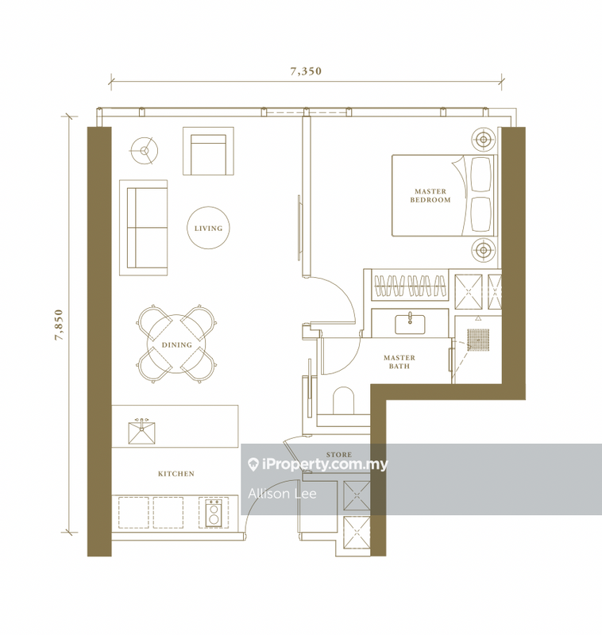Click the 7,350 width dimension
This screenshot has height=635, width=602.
[x=305, y=71]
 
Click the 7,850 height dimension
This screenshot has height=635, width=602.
[x=58, y=325]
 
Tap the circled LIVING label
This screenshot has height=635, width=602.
[x=209, y=229]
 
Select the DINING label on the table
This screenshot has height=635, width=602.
[x=176, y=345]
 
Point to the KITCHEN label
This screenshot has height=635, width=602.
[x=176, y=474]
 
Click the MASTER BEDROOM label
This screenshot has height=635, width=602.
[x=430, y=196]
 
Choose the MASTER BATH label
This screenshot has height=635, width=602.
[x=399, y=362]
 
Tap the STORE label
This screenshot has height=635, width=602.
[x=338, y=455]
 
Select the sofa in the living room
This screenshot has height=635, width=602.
[x=144, y=227]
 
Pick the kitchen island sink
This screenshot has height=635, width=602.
[x=142, y=430]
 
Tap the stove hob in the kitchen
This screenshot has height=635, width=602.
[x=213, y=512]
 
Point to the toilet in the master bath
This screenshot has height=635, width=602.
[x=342, y=401]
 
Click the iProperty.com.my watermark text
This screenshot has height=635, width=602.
[x=318, y=464]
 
